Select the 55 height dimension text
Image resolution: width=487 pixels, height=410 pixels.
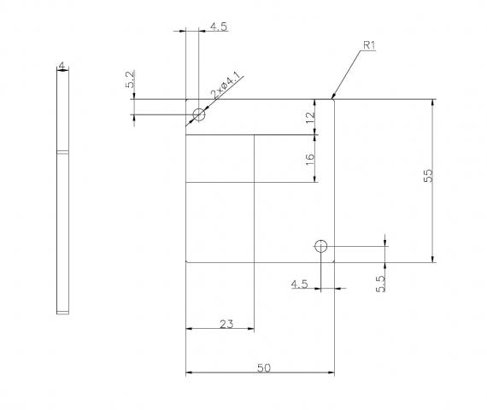pyautogui.click(x=428, y=175)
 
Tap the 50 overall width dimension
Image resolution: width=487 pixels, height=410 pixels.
pyautogui.click(x=264, y=367)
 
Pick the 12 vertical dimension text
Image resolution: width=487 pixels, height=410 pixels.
pyautogui.click(x=310, y=117)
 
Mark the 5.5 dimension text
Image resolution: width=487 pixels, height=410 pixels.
pyautogui.click(x=380, y=283)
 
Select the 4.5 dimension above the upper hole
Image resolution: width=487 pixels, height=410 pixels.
pyautogui.click(x=218, y=26)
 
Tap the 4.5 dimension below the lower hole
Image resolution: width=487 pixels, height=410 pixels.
pyautogui.click(x=300, y=284)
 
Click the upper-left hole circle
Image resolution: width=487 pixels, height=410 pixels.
pyautogui.click(x=199, y=114)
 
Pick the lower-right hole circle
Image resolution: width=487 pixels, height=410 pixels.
pyautogui.click(x=320, y=247)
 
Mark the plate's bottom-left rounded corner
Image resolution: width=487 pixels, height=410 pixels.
pyautogui.click(x=188, y=261)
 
